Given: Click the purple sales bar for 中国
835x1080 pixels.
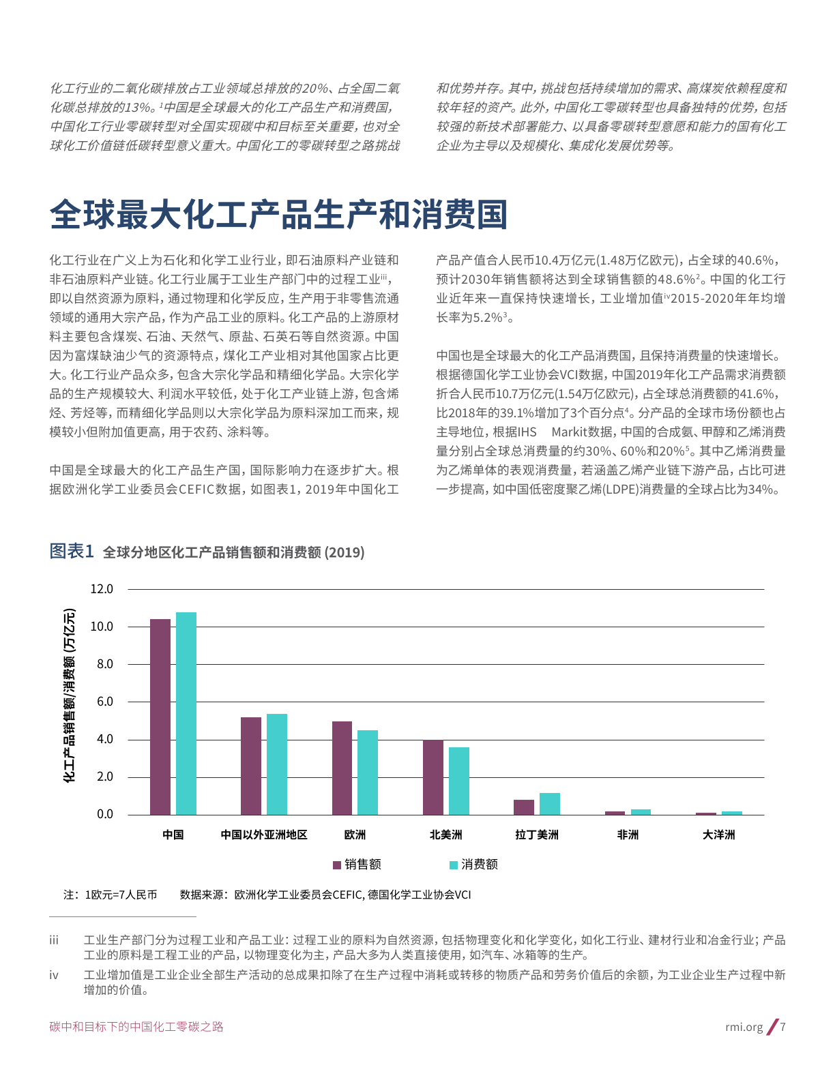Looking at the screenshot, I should pyautogui.click(x=160, y=717).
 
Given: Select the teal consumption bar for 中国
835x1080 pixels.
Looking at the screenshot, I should pyautogui.click(x=186, y=713).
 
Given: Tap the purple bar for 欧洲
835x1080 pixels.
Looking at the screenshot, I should pyautogui.click(x=342, y=768).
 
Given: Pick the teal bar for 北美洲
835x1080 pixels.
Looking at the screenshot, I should pyautogui.click(x=459, y=781).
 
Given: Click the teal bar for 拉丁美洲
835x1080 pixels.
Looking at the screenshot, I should pyautogui.click(x=550, y=804).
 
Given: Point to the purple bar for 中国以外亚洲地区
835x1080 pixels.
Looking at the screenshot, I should pyautogui.click(x=251, y=766).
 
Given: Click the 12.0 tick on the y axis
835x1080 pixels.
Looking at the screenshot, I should pyautogui.click(x=102, y=589).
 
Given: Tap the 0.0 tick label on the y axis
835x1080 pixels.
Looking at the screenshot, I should pyautogui.click(x=104, y=814).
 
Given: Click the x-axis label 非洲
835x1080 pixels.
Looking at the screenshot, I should pyautogui.click(x=628, y=835).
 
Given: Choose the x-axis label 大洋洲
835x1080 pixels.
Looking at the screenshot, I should pyautogui.click(x=719, y=835).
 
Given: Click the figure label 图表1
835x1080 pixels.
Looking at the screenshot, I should pyautogui.click(x=71, y=551).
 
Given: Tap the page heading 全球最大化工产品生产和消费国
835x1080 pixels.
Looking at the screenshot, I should pyautogui.click(x=278, y=215).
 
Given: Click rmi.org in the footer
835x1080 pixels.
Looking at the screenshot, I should pyautogui.click(x=744, y=1027).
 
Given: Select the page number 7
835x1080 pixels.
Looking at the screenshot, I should pyautogui.click(x=782, y=1027).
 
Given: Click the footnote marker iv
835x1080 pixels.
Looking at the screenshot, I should pyautogui.click(x=54, y=975).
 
